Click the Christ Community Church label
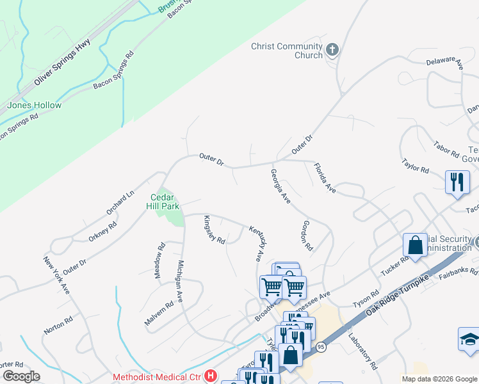coord(286,51)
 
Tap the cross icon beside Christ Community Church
coord(332,49)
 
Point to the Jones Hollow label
coord(35,106)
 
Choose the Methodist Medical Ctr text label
coord(157,377)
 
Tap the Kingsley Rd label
coord(215,230)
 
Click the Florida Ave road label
coord(325,178)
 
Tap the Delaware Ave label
coord(444,62)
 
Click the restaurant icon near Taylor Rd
coord(457,181)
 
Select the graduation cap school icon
coord(469,340)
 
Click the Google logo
coord(21,376)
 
